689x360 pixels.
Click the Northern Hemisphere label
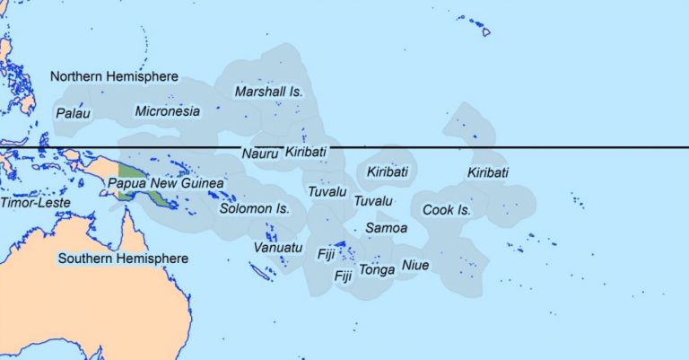pyautogui.click(x=114, y=76)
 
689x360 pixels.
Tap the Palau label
pyautogui.click(x=73, y=113)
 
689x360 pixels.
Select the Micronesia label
pyautogui.click(x=167, y=111)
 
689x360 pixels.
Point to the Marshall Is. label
pyautogui.click(x=269, y=92)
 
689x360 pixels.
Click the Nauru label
pyautogui.click(x=259, y=154)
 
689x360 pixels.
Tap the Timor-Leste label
pyautogui.click(x=32, y=203)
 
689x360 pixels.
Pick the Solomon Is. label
pyautogui.click(x=255, y=208)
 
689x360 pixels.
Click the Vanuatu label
pyautogui.click(x=278, y=247)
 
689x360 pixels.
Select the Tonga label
pyautogui.click(x=377, y=269)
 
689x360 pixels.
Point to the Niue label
pyautogui.click(x=415, y=265)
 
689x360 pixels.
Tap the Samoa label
pyautogui.click(x=387, y=228)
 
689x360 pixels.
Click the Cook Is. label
pyautogui.click(x=446, y=210)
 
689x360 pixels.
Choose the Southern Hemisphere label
pyautogui.click(x=123, y=259)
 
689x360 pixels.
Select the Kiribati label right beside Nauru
pyautogui.click(x=305, y=153)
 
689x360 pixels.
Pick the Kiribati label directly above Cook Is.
pyautogui.click(x=488, y=172)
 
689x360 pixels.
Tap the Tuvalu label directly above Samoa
pyautogui.click(x=374, y=201)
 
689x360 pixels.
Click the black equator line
pyautogui.click(x=538, y=146)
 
